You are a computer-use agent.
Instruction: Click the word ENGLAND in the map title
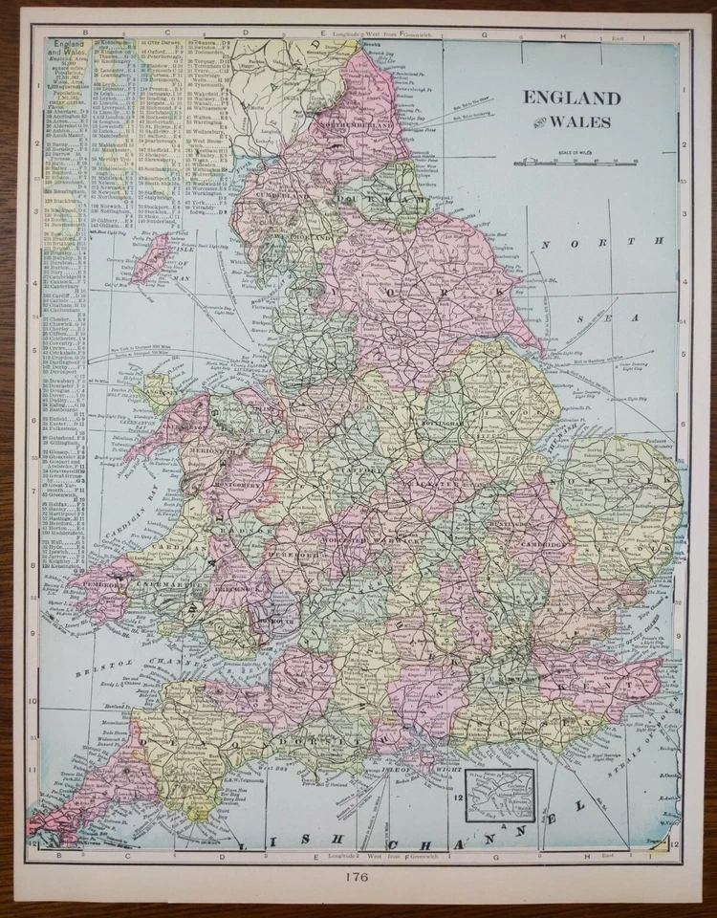coord(571,98)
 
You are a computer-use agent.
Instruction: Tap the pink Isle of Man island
coord(151,259)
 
